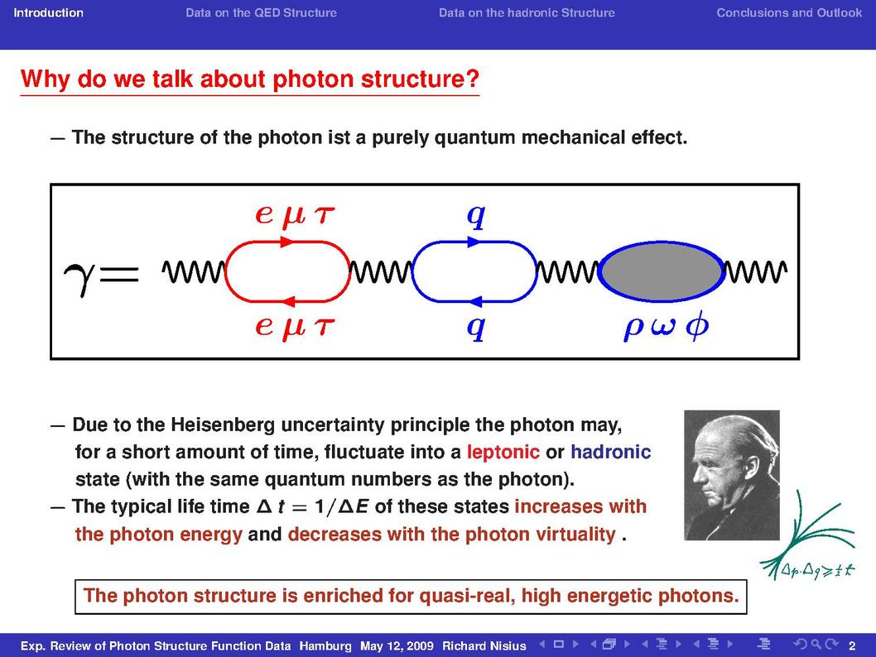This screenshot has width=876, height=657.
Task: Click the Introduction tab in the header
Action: pyautogui.click(x=49, y=13)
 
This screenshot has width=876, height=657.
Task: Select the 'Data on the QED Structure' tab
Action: pyautogui.click(x=261, y=13)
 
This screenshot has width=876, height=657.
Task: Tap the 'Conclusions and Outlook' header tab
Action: pyautogui.click(x=789, y=13)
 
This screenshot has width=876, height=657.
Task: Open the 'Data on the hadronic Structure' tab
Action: pyautogui.click(x=527, y=13)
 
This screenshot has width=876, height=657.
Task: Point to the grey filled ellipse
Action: pyautogui.click(x=662, y=272)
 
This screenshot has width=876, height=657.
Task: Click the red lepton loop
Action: pyautogui.click(x=287, y=242)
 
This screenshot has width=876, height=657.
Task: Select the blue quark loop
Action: pyautogui.click(x=474, y=242)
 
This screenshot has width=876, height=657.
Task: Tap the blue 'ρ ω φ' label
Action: pyautogui.click(x=666, y=327)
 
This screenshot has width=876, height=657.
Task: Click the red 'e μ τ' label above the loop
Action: pyautogui.click(x=295, y=215)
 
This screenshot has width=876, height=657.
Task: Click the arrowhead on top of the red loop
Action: pyautogui.click(x=286, y=242)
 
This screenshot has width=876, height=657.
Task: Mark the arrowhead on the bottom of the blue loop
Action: pyautogui.click(x=474, y=302)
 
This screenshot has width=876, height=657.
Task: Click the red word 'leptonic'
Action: pyautogui.click(x=503, y=452)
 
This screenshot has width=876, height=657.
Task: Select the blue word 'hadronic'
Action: pyautogui.click(x=610, y=452)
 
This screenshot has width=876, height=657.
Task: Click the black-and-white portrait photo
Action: pyautogui.click(x=731, y=475)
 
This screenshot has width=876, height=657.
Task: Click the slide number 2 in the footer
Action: pyautogui.click(x=852, y=646)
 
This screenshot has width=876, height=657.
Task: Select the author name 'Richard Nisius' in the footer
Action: pyautogui.click(x=484, y=646)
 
